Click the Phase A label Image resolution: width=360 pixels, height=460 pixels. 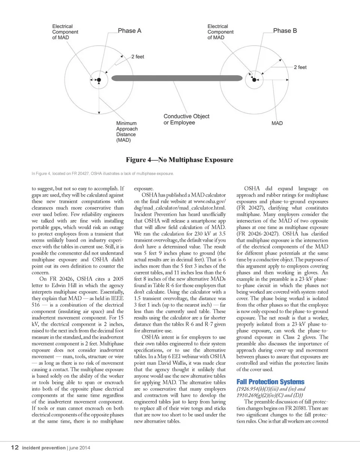coord(129,31)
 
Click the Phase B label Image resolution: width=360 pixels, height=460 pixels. coord(285,31)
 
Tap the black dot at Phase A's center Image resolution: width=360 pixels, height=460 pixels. coord(99,80)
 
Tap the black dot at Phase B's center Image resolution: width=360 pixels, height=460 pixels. coord(254,80)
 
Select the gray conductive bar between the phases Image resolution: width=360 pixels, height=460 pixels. coord(177,78)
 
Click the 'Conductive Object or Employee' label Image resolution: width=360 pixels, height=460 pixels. coord(186,119)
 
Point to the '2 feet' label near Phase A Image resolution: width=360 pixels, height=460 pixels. coord(138,57)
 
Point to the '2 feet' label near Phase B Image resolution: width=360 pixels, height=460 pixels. coord(300,67)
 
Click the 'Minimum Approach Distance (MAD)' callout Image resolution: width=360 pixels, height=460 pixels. coord(126,131)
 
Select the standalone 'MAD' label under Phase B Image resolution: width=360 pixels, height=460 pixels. coord(277,123)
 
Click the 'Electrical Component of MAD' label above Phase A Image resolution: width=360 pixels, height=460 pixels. coord(65,32)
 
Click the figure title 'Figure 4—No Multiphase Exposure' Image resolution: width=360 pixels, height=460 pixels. coord(180,160)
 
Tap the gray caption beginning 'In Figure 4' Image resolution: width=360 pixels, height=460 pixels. coord(102,173)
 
